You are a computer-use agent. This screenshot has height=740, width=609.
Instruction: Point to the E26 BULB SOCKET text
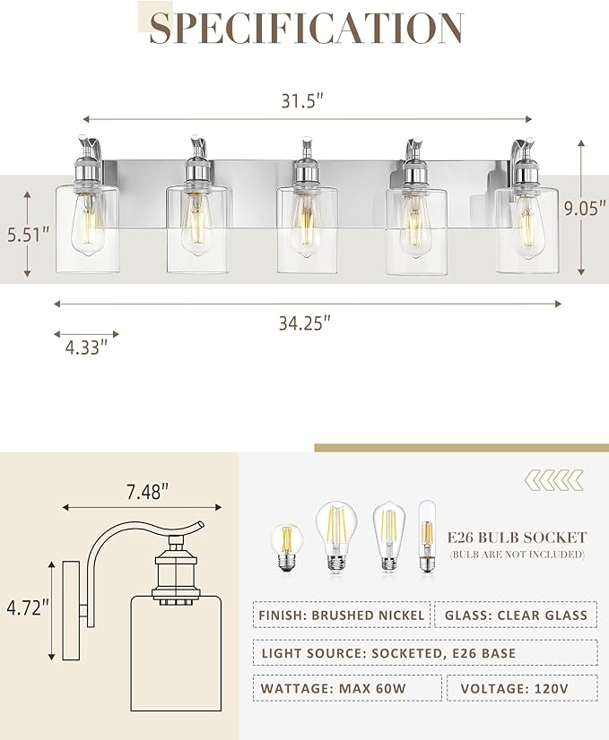click(518, 538)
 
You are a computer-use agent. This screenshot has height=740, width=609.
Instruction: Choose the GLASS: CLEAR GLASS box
click(516, 615)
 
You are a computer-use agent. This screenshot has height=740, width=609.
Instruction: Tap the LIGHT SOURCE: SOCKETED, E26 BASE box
click(424, 652)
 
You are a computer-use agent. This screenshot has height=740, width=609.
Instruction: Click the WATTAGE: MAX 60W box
click(346, 688)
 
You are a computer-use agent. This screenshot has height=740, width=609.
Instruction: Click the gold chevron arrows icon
click(553, 480)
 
